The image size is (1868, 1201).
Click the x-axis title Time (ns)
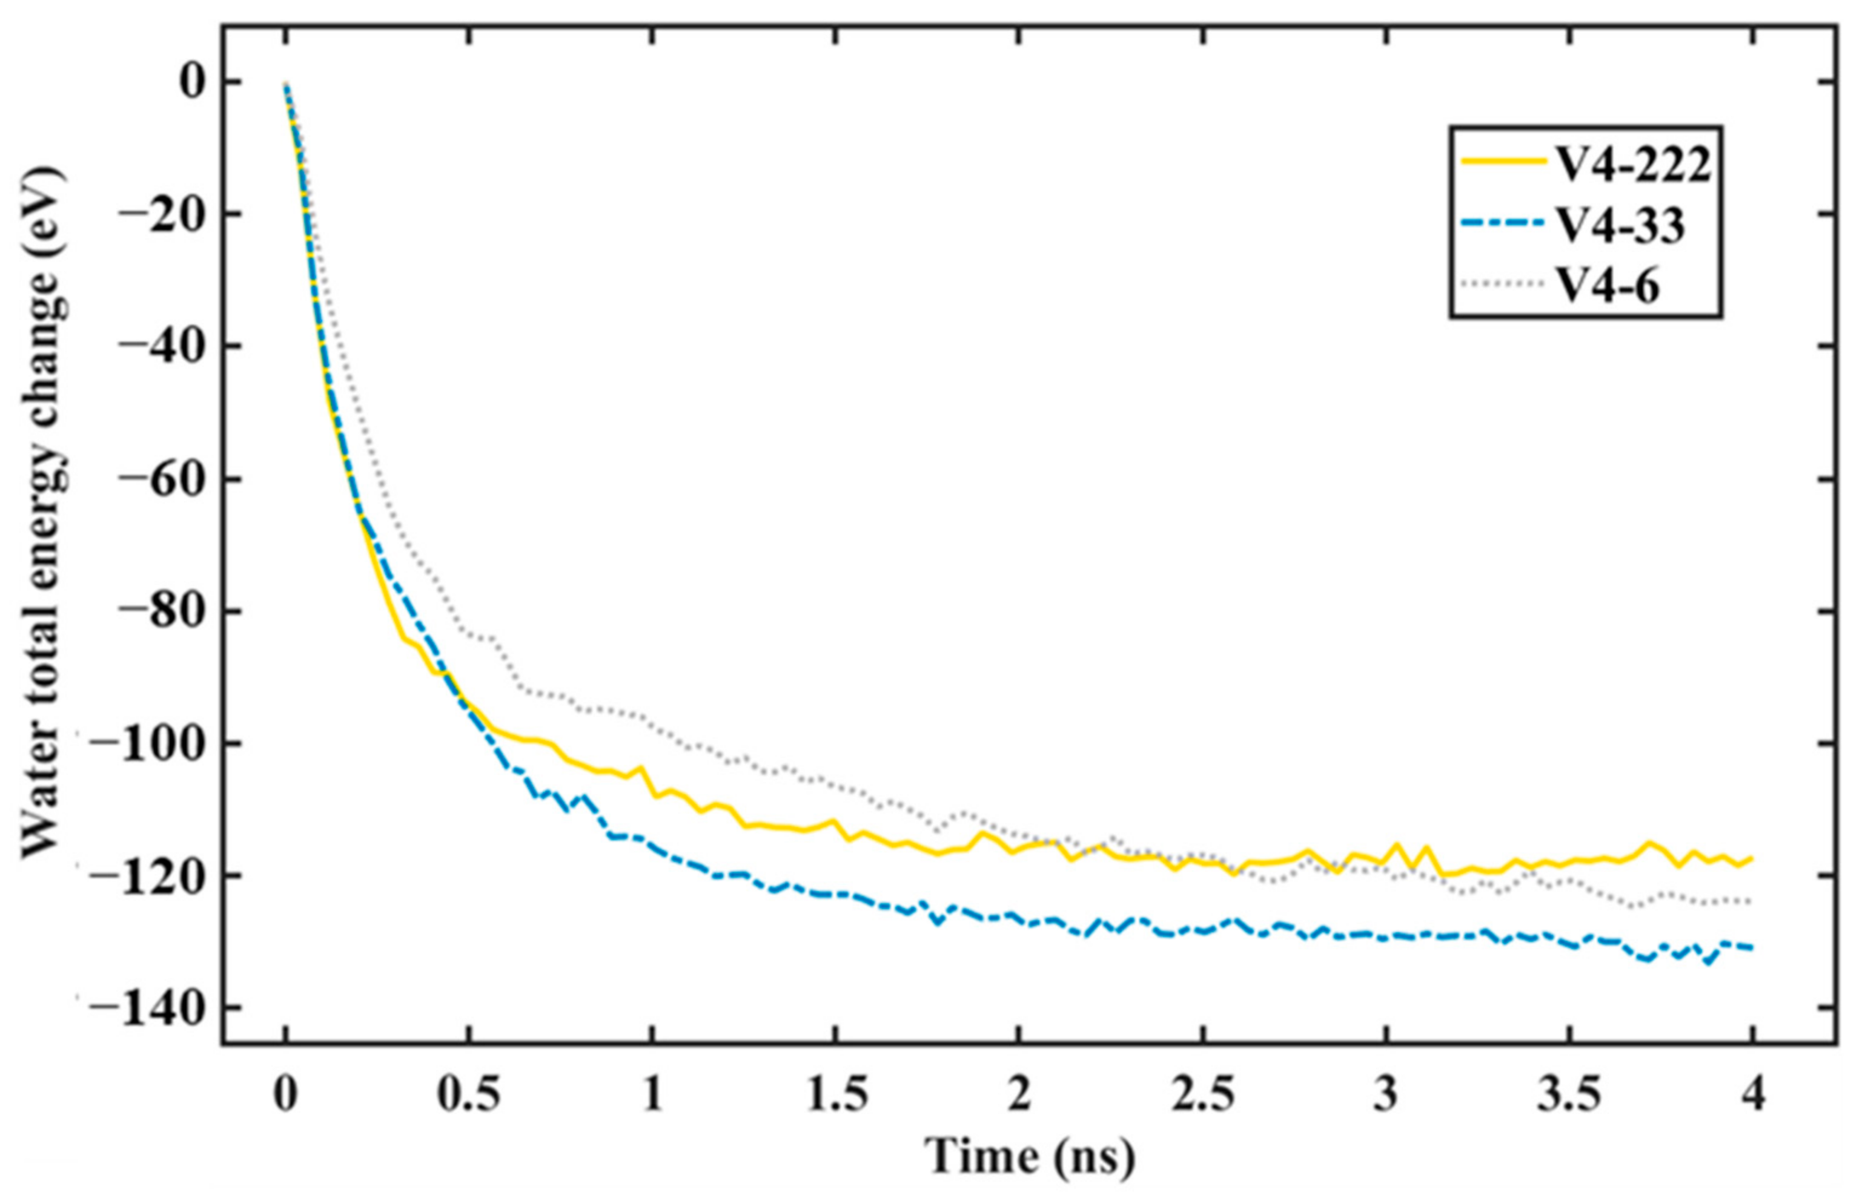click(x=1030, y=1157)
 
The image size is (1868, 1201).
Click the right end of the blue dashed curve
click(x=1752, y=947)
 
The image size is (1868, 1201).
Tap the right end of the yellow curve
click(x=1752, y=858)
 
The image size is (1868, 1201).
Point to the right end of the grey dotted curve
click(x=1752, y=901)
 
